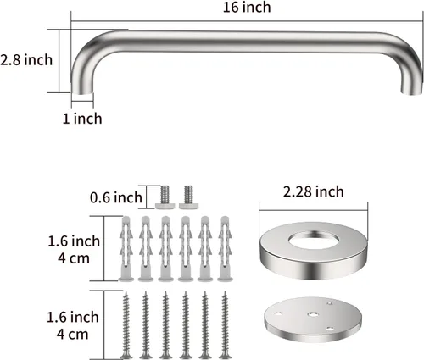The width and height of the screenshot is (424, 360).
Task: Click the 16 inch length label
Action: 247,7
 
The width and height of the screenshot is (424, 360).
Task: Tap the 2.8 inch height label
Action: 26,60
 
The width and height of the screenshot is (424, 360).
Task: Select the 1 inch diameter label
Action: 82,118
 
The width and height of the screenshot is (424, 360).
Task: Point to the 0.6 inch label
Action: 116,197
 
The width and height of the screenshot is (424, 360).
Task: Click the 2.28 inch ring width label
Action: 314,191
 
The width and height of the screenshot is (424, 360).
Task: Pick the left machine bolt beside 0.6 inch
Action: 165,197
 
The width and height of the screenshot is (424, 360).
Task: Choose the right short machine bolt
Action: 188,197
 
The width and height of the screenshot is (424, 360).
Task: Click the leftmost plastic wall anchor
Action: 126,249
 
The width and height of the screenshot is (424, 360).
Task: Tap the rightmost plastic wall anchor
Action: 225,249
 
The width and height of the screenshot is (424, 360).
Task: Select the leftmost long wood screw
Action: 126,324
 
